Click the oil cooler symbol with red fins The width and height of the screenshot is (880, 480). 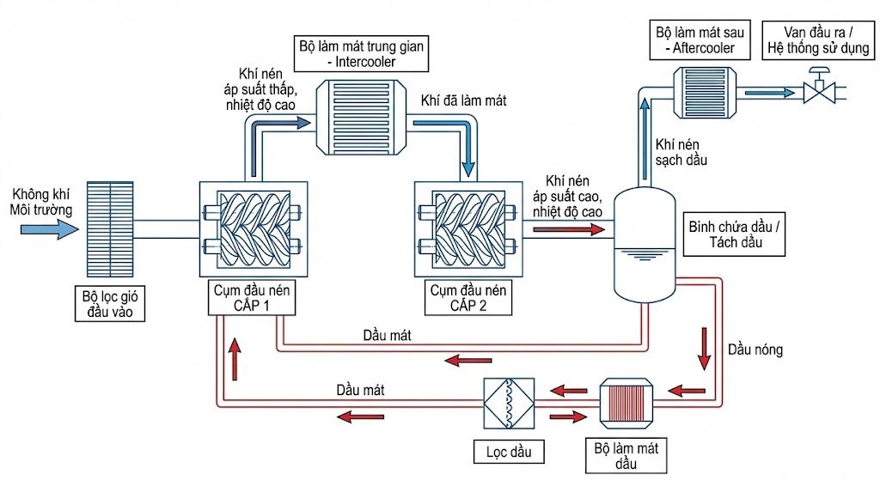pyautogui.click(x=626, y=403)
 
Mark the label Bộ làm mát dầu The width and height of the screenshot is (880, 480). pyautogui.click(x=626, y=454)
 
